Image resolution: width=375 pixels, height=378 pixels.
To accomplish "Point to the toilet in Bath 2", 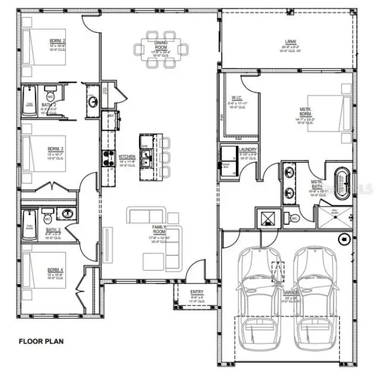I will click(x=51, y=96).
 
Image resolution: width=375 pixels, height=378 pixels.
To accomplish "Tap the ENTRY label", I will click(x=197, y=292).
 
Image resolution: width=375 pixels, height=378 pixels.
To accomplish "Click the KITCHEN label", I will click(x=127, y=157).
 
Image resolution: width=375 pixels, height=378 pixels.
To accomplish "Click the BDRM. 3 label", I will click(x=57, y=149).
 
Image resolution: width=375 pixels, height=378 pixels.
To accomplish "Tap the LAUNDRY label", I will click(x=248, y=150).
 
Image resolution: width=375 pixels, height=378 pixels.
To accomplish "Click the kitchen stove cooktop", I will click(x=109, y=157).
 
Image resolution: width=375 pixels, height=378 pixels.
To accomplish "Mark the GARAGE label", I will click(x=291, y=293).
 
